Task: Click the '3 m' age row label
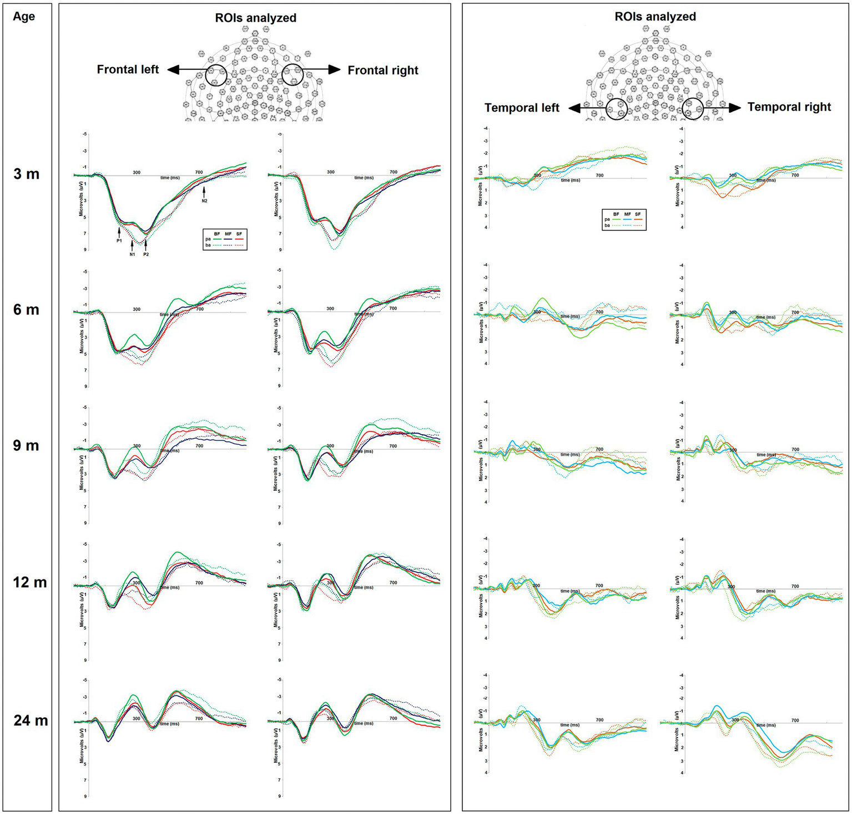(26, 174)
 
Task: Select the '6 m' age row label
(26, 309)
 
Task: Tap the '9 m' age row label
(26, 445)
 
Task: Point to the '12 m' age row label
(29, 582)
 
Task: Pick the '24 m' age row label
(31, 720)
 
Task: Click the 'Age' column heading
(24, 17)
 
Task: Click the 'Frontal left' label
(128, 69)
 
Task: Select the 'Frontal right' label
(383, 70)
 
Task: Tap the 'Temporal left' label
(522, 108)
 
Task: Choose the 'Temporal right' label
(789, 107)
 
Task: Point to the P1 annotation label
(119, 240)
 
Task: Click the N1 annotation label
(132, 254)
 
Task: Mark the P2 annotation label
(146, 254)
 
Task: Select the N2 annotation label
(204, 200)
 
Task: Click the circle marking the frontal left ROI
(216, 75)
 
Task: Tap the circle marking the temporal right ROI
(693, 109)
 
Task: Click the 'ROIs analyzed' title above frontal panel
(255, 18)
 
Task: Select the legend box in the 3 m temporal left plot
(624, 219)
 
